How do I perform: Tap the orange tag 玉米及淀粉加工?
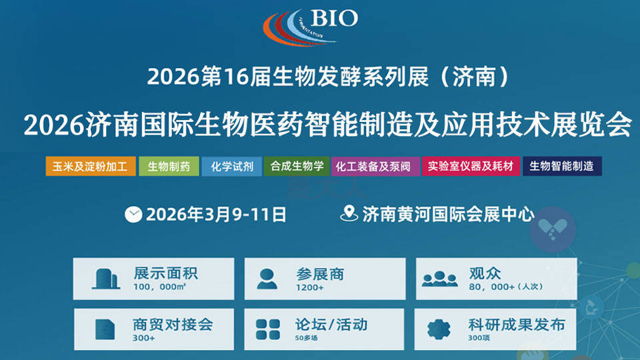91,166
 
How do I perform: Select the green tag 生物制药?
169,166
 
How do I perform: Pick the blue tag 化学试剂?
231,166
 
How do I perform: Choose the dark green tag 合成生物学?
297,166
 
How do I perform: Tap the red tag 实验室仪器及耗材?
471,166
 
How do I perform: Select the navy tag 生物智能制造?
562,166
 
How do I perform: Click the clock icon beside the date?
133,214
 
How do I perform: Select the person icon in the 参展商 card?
267,278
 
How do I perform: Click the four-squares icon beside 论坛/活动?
267,329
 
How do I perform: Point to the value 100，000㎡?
160,287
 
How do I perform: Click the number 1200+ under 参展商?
309,287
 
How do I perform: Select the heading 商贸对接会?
173,325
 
